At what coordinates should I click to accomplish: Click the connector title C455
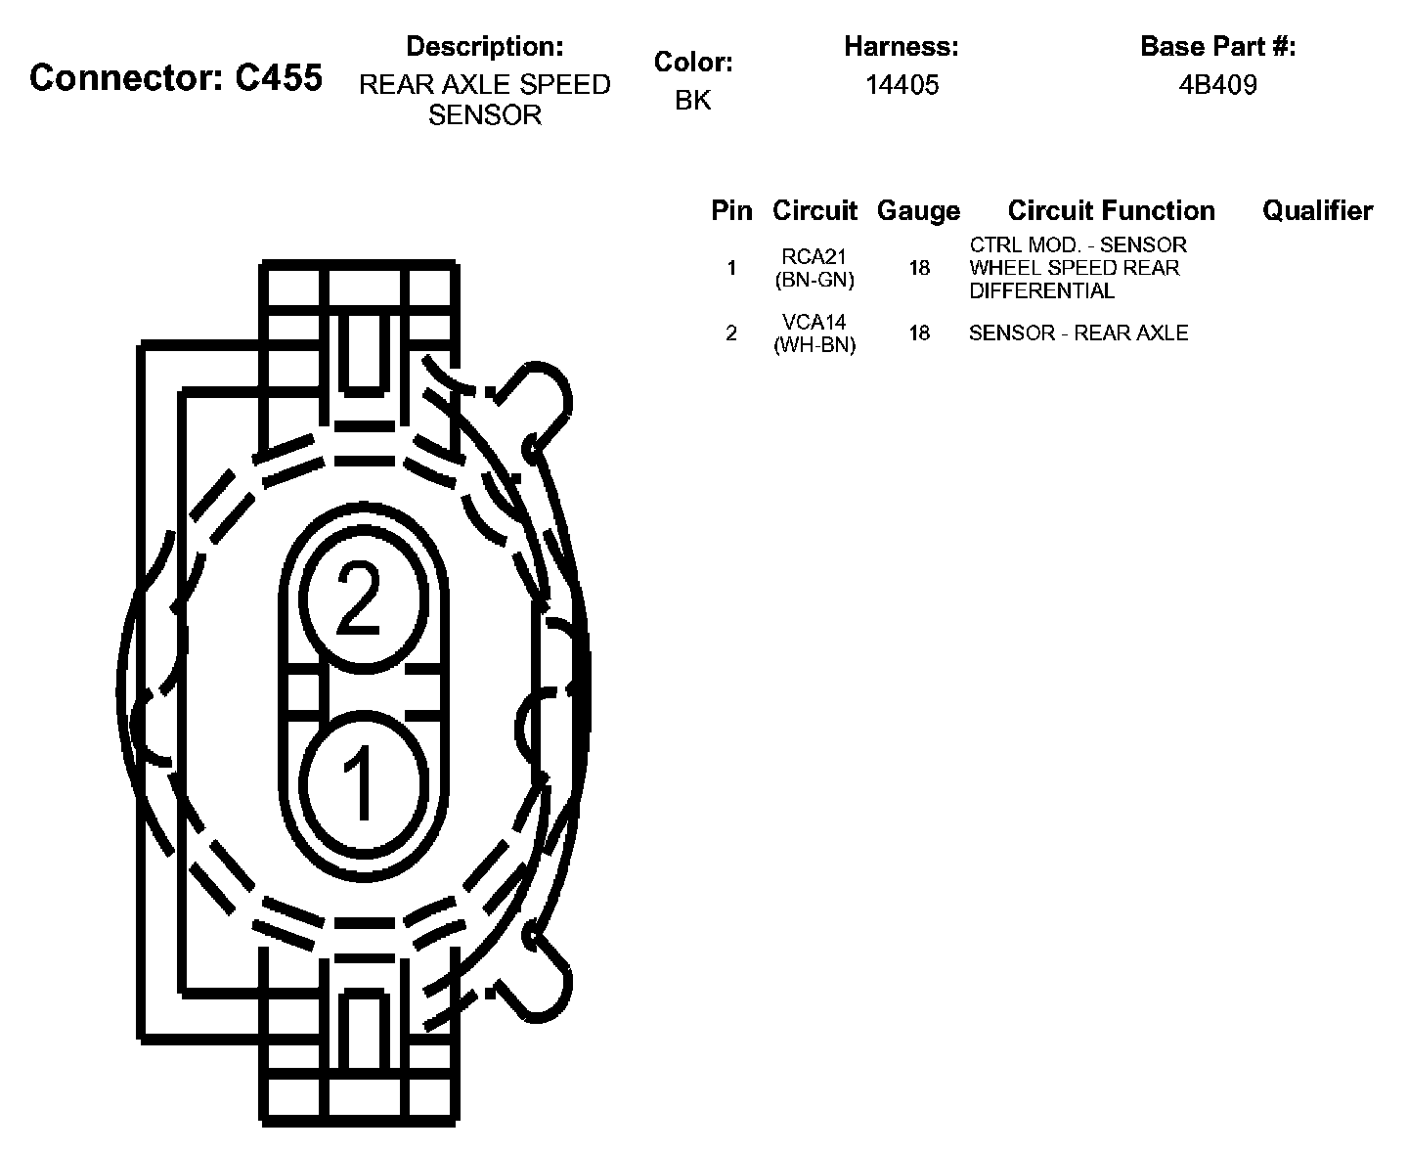[176, 77]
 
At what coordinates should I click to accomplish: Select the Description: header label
[485, 46]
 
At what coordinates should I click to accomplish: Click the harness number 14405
[902, 85]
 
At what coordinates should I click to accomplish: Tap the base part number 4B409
[1217, 85]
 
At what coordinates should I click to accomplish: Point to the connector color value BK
[692, 101]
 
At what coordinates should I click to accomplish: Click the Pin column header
[731, 210]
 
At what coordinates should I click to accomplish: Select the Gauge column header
[918, 210]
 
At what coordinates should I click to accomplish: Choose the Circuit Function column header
[1111, 210]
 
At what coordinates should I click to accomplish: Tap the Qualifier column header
[1317, 210]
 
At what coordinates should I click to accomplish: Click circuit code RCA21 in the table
[814, 257]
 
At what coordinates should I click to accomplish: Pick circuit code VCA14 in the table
[814, 323]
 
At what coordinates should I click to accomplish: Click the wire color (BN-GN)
[814, 280]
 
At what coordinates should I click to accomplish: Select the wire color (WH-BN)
[814, 345]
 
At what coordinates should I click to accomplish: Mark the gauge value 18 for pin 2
[919, 333]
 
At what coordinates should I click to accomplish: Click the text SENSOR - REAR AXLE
[1078, 333]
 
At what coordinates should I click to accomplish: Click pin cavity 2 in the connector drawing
[362, 599]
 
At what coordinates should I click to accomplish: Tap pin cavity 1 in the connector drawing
[362, 779]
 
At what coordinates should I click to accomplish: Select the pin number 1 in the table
[731, 268]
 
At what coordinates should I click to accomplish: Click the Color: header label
[693, 62]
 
